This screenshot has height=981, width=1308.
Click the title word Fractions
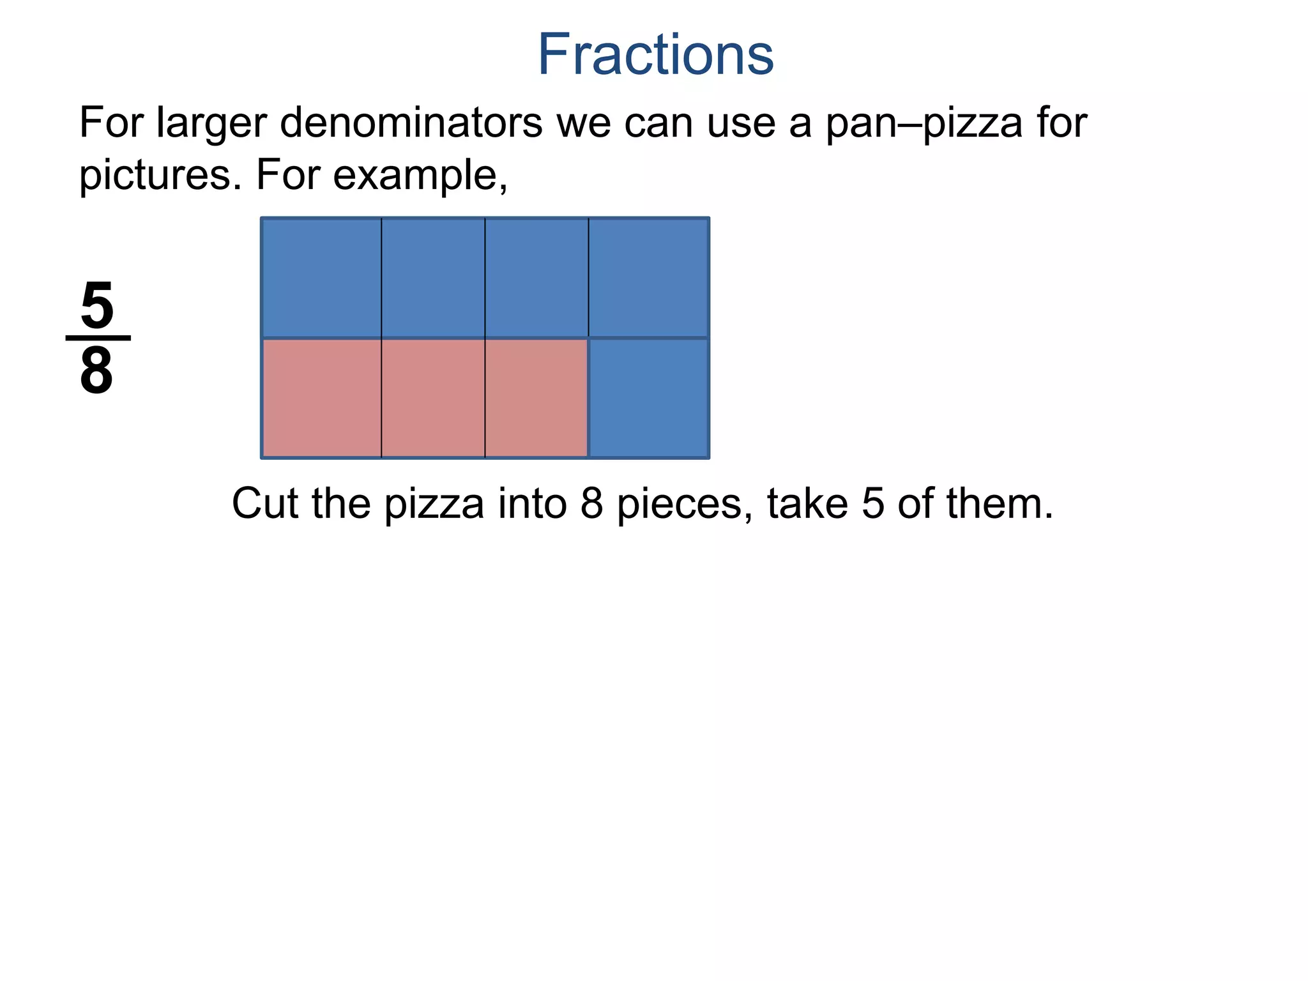[655, 55]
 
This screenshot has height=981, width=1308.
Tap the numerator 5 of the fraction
[97, 306]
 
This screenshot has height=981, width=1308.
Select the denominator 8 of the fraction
[97, 371]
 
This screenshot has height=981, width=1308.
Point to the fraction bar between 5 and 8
[98, 338]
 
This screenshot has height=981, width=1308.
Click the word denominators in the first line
[411, 122]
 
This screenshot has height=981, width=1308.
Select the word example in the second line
[419, 175]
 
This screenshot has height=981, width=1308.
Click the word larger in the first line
[211, 123]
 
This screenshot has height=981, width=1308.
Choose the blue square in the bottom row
[648, 398]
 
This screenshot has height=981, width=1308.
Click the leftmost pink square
[322, 398]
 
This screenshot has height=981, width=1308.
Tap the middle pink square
[433, 398]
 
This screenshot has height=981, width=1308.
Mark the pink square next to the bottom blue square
[536, 398]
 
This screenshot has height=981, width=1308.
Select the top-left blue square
[322, 277]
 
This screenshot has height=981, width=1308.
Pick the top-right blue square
[648, 277]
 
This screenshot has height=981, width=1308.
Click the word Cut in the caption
[264, 503]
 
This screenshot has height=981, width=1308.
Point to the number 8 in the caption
[592, 503]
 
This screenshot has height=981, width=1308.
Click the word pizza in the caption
[434, 505]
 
